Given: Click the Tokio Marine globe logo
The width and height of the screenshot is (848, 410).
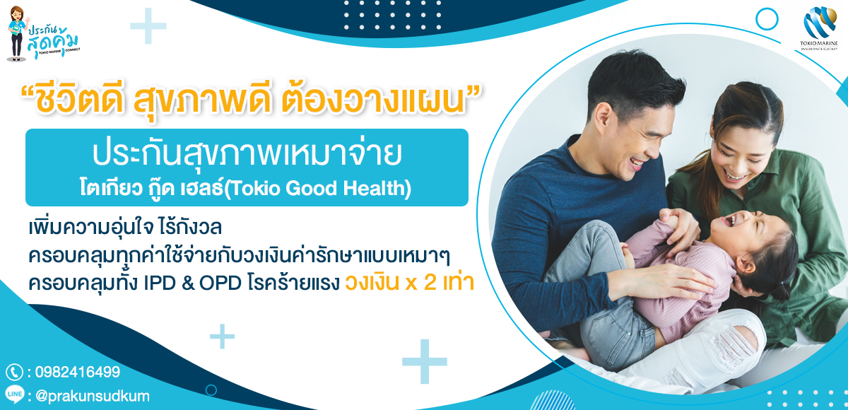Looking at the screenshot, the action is (x=820, y=22).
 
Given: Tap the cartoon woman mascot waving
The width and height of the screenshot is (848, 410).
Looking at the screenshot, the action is (x=17, y=33).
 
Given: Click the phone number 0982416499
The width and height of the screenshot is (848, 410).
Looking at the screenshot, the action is (x=78, y=372).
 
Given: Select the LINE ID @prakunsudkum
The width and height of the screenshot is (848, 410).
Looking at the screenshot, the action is (x=93, y=396).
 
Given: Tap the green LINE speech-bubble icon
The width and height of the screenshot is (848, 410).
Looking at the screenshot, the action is (x=15, y=394).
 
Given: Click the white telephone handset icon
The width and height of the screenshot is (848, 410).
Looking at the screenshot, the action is (x=14, y=372).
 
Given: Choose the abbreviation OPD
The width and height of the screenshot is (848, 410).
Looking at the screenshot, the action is (x=220, y=283).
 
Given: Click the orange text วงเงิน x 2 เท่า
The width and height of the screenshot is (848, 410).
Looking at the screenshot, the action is (x=410, y=283).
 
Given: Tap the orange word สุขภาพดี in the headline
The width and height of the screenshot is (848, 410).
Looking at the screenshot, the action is (x=202, y=100).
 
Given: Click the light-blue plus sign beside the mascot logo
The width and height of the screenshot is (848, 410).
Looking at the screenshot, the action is (x=148, y=26).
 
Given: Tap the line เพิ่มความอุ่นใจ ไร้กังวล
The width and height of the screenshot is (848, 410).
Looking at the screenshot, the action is (x=125, y=228).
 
